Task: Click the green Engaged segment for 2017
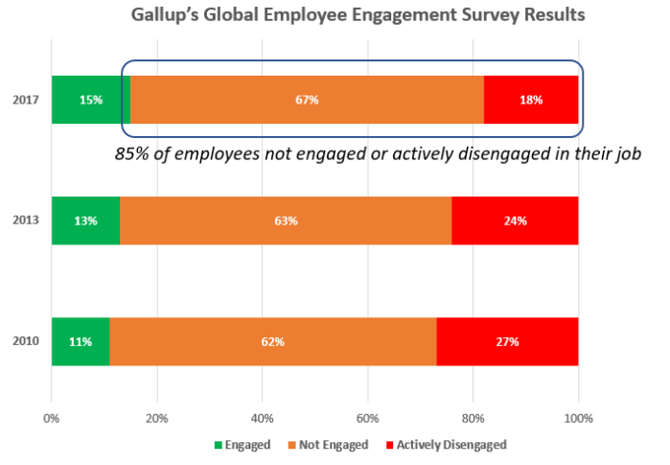(90, 100)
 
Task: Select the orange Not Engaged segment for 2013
(286, 221)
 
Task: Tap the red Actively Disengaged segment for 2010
(506, 340)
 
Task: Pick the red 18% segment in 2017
(531, 100)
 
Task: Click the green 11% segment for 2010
(80, 340)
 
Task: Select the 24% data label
(515, 221)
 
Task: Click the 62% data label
(273, 341)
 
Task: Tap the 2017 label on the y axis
(26, 100)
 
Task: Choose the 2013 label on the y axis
(26, 221)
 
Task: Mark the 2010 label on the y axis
(26, 341)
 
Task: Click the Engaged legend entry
(241, 444)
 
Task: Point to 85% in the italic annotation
(131, 152)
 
